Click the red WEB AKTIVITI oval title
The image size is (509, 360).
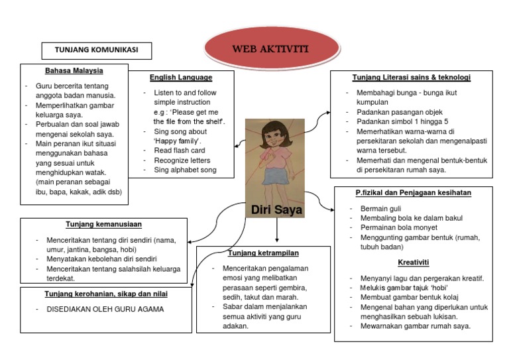pyautogui.click(x=270, y=49)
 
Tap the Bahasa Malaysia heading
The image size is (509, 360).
pyautogui.click(x=74, y=70)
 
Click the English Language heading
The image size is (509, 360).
pyautogui.click(x=181, y=77)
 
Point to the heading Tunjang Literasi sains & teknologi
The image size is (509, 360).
pyautogui.click(x=411, y=78)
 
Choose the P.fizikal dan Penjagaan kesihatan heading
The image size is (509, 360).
pyautogui.click(x=412, y=193)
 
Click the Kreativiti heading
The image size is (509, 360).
pyautogui.click(x=412, y=262)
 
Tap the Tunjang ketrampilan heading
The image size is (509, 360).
pyautogui.click(x=263, y=253)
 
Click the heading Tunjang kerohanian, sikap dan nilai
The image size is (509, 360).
pyautogui.click(x=106, y=294)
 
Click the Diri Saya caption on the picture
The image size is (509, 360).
pyautogui.click(x=276, y=210)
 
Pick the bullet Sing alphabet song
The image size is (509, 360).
pyautogui.click(x=185, y=170)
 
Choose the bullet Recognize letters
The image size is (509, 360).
pyautogui.click(x=182, y=160)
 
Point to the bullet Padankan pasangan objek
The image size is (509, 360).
pyautogui.click(x=399, y=112)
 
